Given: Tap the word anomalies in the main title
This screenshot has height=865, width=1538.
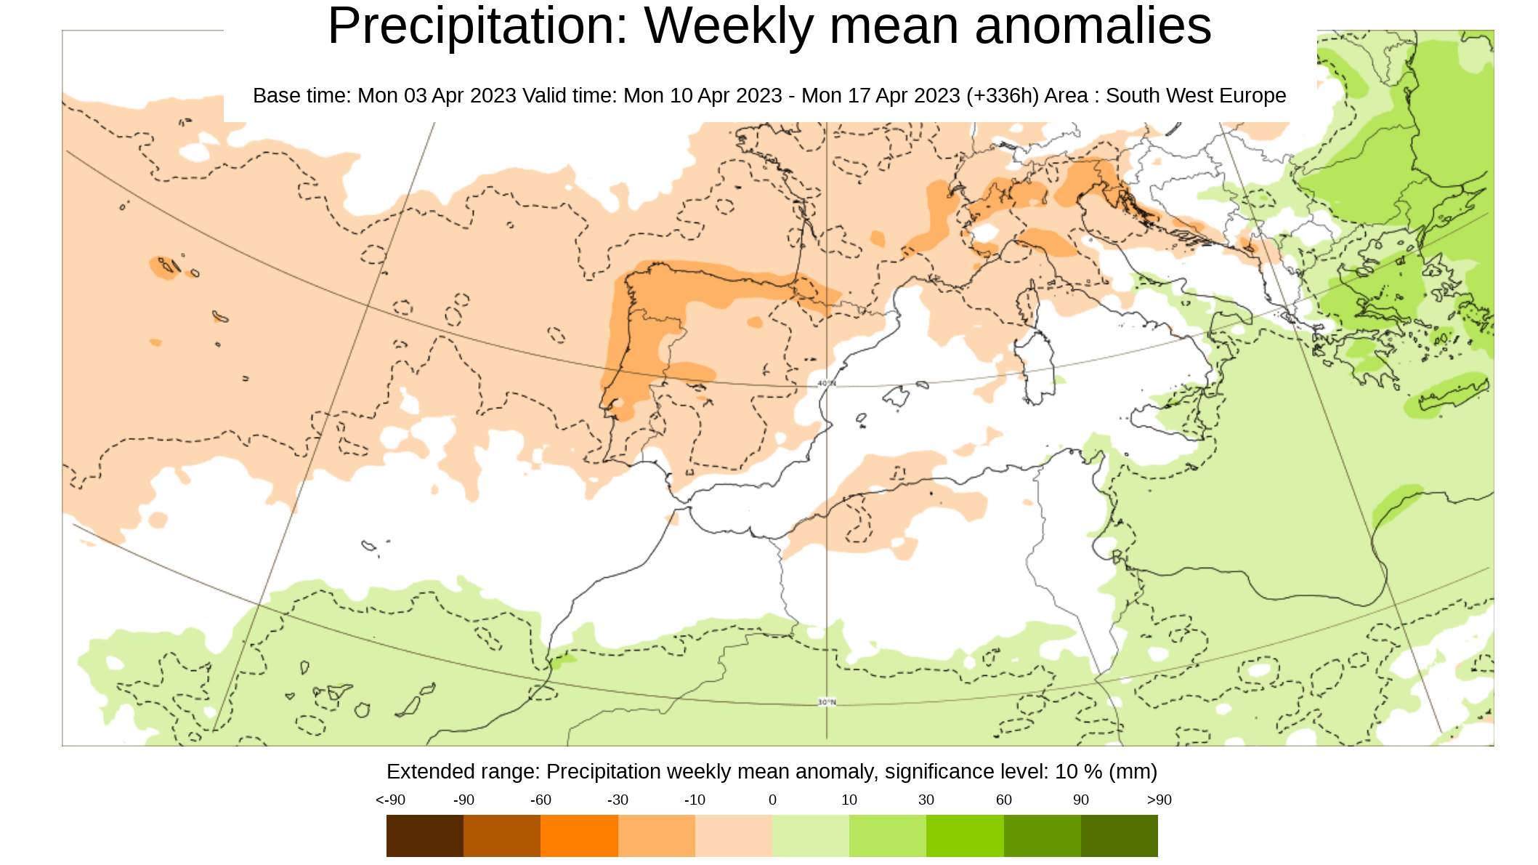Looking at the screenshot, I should tap(1093, 26).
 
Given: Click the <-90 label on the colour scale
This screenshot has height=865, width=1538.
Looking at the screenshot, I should tap(390, 800).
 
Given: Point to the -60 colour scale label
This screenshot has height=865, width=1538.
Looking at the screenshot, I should tap(541, 800).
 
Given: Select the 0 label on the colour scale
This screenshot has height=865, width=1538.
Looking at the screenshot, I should tap(772, 800).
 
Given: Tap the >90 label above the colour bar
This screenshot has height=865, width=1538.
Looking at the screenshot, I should tap(1159, 800).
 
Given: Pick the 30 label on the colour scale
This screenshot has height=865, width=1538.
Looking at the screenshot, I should tap(926, 800).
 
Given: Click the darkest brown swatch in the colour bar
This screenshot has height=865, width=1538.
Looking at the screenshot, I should tap(425, 835).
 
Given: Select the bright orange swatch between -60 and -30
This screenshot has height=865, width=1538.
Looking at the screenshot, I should tap(579, 835).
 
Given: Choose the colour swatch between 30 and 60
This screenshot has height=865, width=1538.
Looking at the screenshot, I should tap(965, 835).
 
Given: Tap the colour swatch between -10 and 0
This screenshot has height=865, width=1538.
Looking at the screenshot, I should tap(734, 835).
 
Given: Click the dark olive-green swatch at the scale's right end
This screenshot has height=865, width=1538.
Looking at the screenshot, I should tap(1120, 835).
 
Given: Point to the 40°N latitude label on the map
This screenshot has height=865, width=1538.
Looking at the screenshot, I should tap(827, 383).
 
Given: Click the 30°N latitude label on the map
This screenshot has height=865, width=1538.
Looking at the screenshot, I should tap(827, 702).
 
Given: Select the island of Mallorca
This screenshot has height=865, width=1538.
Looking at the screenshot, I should tap(897, 397).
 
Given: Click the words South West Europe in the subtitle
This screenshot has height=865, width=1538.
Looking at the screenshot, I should tap(1196, 96).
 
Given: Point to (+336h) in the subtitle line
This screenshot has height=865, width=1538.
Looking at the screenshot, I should tap(1003, 96).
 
